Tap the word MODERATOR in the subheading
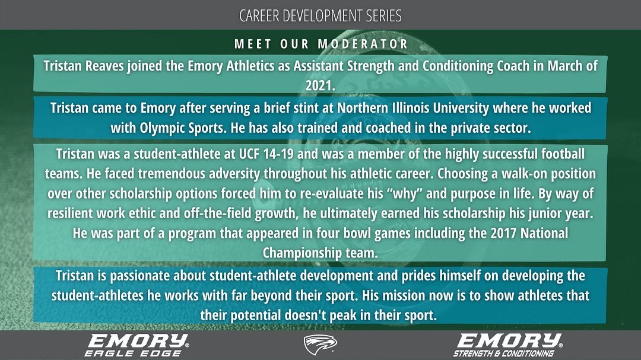pos(363,44)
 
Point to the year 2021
pos(320,84)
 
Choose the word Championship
pos(300,251)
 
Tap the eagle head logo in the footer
pos(320,344)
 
